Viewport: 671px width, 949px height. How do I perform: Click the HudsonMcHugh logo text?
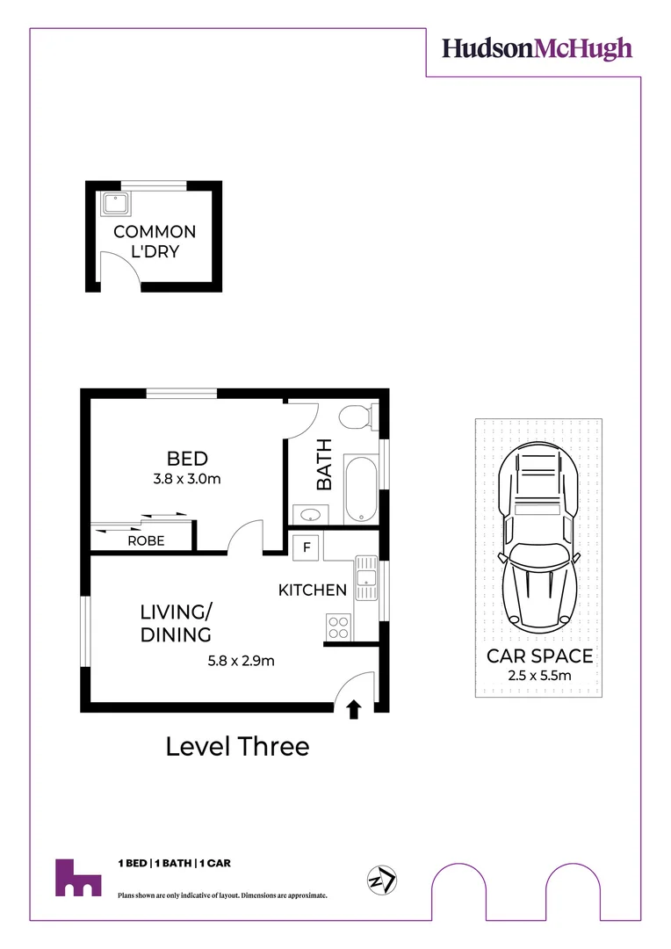[x=536, y=48]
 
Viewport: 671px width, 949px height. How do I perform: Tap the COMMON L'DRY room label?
[x=155, y=242]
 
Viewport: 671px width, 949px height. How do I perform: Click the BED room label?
[x=187, y=458]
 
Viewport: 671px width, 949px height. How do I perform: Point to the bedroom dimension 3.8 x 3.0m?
[x=187, y=479]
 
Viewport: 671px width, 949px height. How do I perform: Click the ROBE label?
[x=146, y=541]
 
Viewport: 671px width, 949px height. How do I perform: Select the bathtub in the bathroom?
[x=360, y=488]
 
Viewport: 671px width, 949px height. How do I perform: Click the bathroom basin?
[x=309, y=514]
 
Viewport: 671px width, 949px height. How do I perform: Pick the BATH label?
[x=325, y=464]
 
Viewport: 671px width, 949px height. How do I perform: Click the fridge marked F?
[x=307, y=547]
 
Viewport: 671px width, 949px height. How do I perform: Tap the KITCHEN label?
[x=313, y=590]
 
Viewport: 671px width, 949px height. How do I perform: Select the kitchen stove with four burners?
[x=338, y=627]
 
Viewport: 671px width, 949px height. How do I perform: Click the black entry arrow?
[x=354, y=709]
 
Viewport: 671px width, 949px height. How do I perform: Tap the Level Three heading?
[x=237, y=747]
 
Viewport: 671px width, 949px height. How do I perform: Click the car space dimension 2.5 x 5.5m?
[x=540, y=676]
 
